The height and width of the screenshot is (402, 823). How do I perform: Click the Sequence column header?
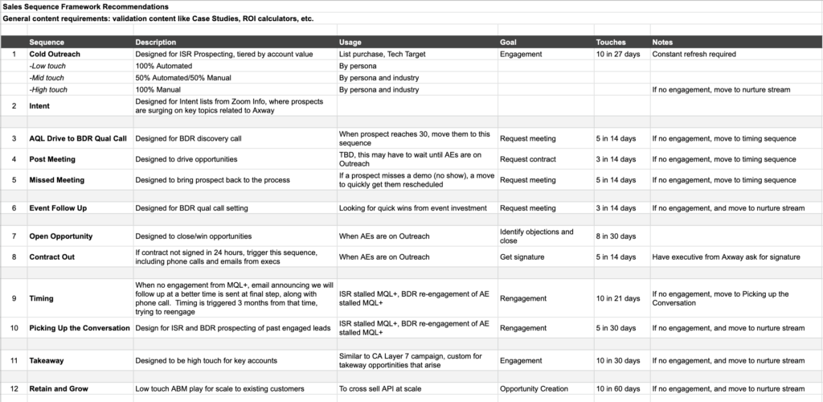tap(47, 42)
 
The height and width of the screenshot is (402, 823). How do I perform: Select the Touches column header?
tap(611, 42)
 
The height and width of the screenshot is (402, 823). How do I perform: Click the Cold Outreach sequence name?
tap(55, 54)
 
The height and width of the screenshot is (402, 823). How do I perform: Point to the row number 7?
tap(14, 236)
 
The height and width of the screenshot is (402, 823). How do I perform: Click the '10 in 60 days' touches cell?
tap(618, 389)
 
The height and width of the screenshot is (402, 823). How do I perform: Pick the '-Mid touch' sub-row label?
tap(47, 78)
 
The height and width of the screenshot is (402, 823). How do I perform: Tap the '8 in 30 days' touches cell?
tap(616, 236)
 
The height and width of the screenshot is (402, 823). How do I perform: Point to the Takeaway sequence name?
tap(47, 361)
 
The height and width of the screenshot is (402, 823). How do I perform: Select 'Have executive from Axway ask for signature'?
tap(726, 257)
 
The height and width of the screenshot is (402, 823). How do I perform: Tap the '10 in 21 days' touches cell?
tap(618, 298)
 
